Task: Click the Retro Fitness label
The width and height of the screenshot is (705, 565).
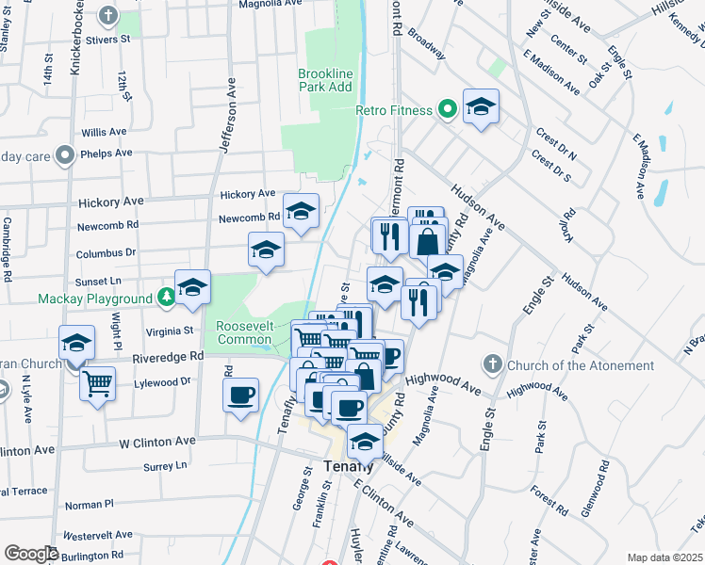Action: [394, 110]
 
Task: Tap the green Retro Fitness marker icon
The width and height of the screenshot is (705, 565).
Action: [448, 110]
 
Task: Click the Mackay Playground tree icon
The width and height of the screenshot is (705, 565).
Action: [167, 299]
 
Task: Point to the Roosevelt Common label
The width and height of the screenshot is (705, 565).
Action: [245, 331]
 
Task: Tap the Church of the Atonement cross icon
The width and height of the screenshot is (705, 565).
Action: [492, 364]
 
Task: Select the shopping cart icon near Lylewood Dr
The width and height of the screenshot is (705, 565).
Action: [97, 384]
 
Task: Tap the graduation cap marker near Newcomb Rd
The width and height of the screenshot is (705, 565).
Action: [301, 212]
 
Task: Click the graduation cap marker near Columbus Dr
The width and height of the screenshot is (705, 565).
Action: [266, 250]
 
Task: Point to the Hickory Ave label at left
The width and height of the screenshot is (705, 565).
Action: [111, 202]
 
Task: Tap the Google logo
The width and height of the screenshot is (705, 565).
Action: [31, 554]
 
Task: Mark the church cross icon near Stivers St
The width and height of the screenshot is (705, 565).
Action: [108, 16]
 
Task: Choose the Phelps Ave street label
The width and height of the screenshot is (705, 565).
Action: [107, 153]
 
